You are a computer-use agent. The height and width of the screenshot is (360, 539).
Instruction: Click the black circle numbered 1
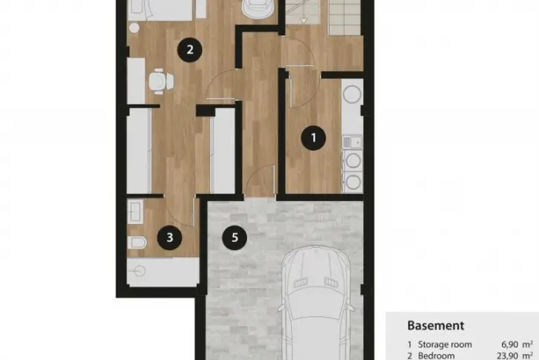[313, 138]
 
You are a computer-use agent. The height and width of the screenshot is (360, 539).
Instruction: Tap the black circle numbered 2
[189, 50]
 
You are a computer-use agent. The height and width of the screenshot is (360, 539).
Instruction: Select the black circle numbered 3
[169, 238]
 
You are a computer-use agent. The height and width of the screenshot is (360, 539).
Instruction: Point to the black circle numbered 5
[235, 238]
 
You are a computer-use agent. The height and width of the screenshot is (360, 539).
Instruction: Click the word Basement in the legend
[436, 325]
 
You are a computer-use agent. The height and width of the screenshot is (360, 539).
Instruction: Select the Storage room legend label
[445, 344]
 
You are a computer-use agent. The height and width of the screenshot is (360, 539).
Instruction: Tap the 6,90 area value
[510, 344]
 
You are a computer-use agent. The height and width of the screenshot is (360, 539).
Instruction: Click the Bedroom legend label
[437, 356]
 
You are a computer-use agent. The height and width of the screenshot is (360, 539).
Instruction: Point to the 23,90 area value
[508, 356]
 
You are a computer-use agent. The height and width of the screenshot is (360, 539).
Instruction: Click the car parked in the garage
[316, 303]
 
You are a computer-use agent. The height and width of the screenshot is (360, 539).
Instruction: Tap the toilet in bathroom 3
[137, 243]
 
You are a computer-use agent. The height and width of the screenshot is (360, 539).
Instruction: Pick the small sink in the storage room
[352, 142]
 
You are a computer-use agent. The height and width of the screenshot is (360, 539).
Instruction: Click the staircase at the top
[323, 17]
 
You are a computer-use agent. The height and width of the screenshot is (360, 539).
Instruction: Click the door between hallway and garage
[261, 181]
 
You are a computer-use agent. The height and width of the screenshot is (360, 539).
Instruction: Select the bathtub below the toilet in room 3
[163, 272]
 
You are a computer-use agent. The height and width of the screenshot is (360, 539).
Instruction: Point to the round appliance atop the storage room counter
[353, 94]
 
